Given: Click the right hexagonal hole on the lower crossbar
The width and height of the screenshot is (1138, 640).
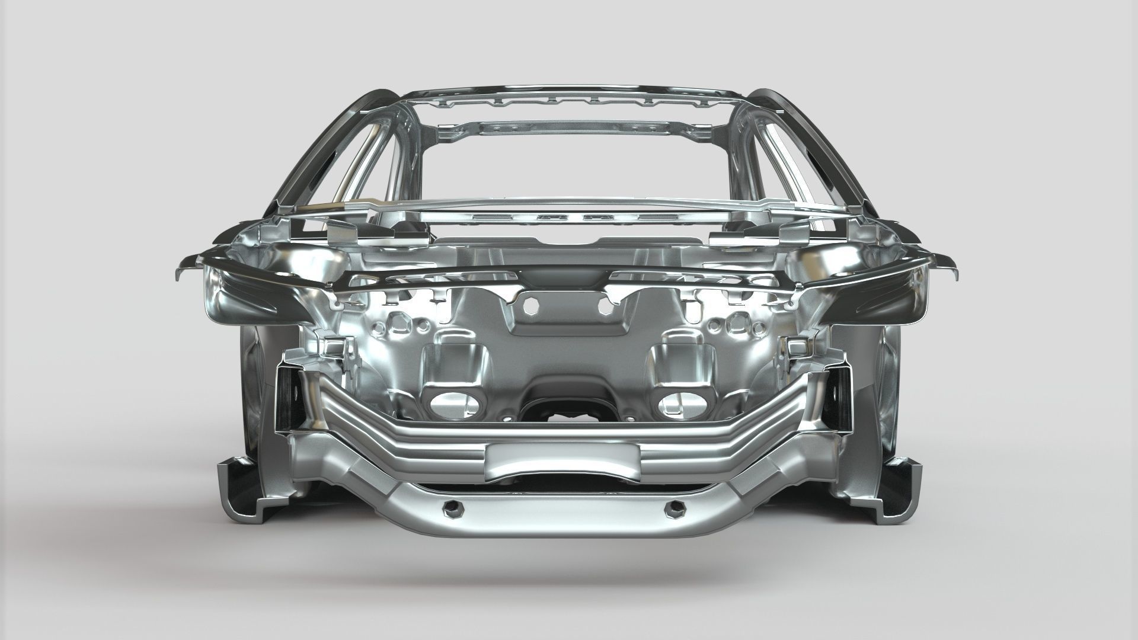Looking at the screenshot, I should coord(675,508).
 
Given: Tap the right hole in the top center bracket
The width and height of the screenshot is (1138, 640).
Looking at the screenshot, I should coord(605,306).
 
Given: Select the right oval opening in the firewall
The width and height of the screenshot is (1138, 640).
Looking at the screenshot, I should coord(680,404).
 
